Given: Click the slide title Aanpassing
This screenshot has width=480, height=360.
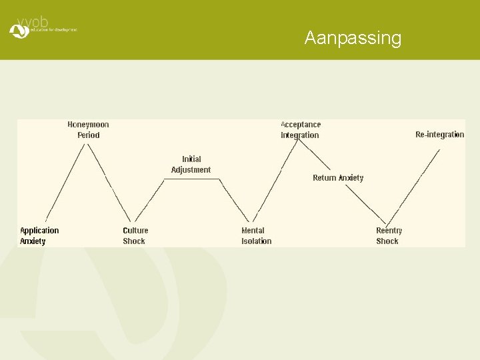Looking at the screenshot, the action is tap(353, 38).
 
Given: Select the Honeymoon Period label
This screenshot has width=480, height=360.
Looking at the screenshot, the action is tap(88, 129).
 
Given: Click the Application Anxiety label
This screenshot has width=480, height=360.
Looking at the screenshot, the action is tap(39, 235).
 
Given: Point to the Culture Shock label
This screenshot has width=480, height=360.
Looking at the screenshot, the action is tap(135, 235).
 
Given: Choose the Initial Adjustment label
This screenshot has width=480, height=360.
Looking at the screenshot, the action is tap(191, 164).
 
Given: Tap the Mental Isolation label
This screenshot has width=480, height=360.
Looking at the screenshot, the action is tap(256, 235).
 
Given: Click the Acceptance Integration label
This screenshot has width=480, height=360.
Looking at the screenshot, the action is tap(300, 129).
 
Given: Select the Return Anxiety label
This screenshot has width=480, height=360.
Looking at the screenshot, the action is tap(338, 178).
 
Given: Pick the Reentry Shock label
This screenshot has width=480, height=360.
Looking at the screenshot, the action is tap(389, 235).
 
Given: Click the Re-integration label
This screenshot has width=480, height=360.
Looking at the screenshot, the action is tap(439, 135).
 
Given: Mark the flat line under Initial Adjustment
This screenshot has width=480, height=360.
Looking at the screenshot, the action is tap(192, 179).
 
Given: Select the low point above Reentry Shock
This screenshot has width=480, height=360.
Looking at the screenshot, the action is tap(387, 224).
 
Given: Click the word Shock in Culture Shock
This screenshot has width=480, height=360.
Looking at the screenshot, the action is tap(134, 241).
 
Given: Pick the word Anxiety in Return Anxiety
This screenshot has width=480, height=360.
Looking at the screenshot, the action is tap(351, 178).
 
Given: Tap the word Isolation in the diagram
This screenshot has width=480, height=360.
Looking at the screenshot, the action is tap(256, 241).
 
